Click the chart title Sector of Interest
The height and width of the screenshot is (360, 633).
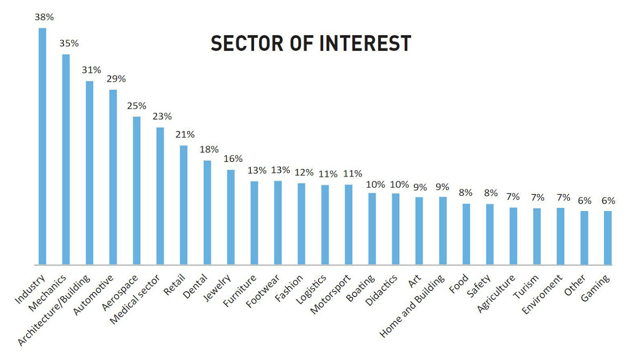[311, 43]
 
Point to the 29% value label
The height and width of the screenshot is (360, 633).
[116, 79]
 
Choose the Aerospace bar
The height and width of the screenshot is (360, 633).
[137, 190]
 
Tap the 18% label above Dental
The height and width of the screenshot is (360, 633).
[209, 149]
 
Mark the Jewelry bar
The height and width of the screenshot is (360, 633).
[231, 217]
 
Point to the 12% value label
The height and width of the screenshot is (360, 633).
[304, 172]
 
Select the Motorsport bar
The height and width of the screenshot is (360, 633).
[348, 224]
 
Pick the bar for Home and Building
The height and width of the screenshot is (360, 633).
[443, 231]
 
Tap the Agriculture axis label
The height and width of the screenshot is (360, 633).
[496, 294]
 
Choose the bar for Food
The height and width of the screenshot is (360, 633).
[466, 234]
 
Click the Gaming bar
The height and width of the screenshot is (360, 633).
[608, 237]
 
